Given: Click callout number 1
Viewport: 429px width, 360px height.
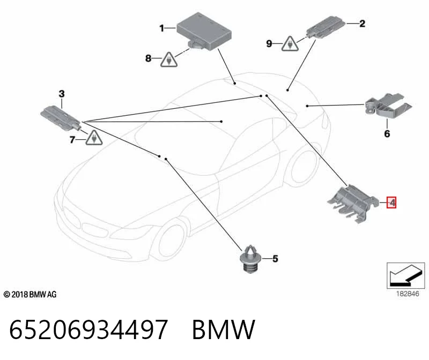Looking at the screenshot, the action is coord(162,28).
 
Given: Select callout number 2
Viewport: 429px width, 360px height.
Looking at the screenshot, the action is coord(362,24).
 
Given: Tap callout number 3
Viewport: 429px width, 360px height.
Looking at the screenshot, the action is coord(62,94).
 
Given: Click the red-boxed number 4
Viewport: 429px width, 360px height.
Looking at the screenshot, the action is coord(391,202).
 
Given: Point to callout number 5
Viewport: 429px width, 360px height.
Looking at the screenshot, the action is coord(275,259).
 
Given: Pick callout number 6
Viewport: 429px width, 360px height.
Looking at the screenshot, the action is coord(387,134).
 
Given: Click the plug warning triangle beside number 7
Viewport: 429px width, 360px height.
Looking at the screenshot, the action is coord(94,138).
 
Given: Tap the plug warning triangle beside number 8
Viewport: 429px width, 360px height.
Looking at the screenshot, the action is coord(169,60).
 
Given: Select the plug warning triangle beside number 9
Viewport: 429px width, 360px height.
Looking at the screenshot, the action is coord(290,44).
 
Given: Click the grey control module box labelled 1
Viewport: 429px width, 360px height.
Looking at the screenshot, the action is coord(204,32).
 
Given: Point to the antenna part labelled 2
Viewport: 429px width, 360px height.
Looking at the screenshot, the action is coord(326,27).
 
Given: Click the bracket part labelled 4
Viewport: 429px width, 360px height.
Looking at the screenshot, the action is coord(353,204).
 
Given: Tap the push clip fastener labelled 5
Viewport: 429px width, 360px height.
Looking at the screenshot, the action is coord(251,259).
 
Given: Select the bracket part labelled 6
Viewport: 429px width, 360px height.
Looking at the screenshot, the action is coord(388,105).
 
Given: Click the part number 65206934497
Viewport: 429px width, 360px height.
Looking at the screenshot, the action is coord(88,329).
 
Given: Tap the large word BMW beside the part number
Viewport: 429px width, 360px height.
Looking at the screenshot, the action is coord(224,329).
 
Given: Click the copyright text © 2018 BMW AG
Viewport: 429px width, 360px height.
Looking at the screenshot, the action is coord(30,295).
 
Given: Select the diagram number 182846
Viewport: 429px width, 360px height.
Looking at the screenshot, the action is coord(408,294).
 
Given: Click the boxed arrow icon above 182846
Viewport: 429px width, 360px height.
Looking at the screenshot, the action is coord(405,275).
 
